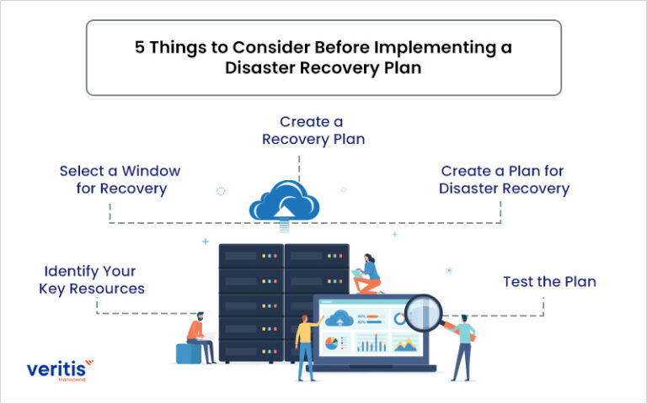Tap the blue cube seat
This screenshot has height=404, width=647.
click(187, 353)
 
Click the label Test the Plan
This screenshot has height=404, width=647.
click(549, 282)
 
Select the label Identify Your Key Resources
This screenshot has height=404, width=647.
click(92, 280)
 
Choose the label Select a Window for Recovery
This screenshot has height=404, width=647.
click(120, 179)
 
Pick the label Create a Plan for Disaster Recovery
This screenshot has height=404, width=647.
click(504, 179)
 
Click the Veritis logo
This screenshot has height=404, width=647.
click(56, 369)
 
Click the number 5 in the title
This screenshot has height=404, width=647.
click(140, 48)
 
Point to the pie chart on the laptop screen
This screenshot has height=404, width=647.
click(331, 343)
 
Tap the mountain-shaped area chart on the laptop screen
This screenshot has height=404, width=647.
click(404, 343)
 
